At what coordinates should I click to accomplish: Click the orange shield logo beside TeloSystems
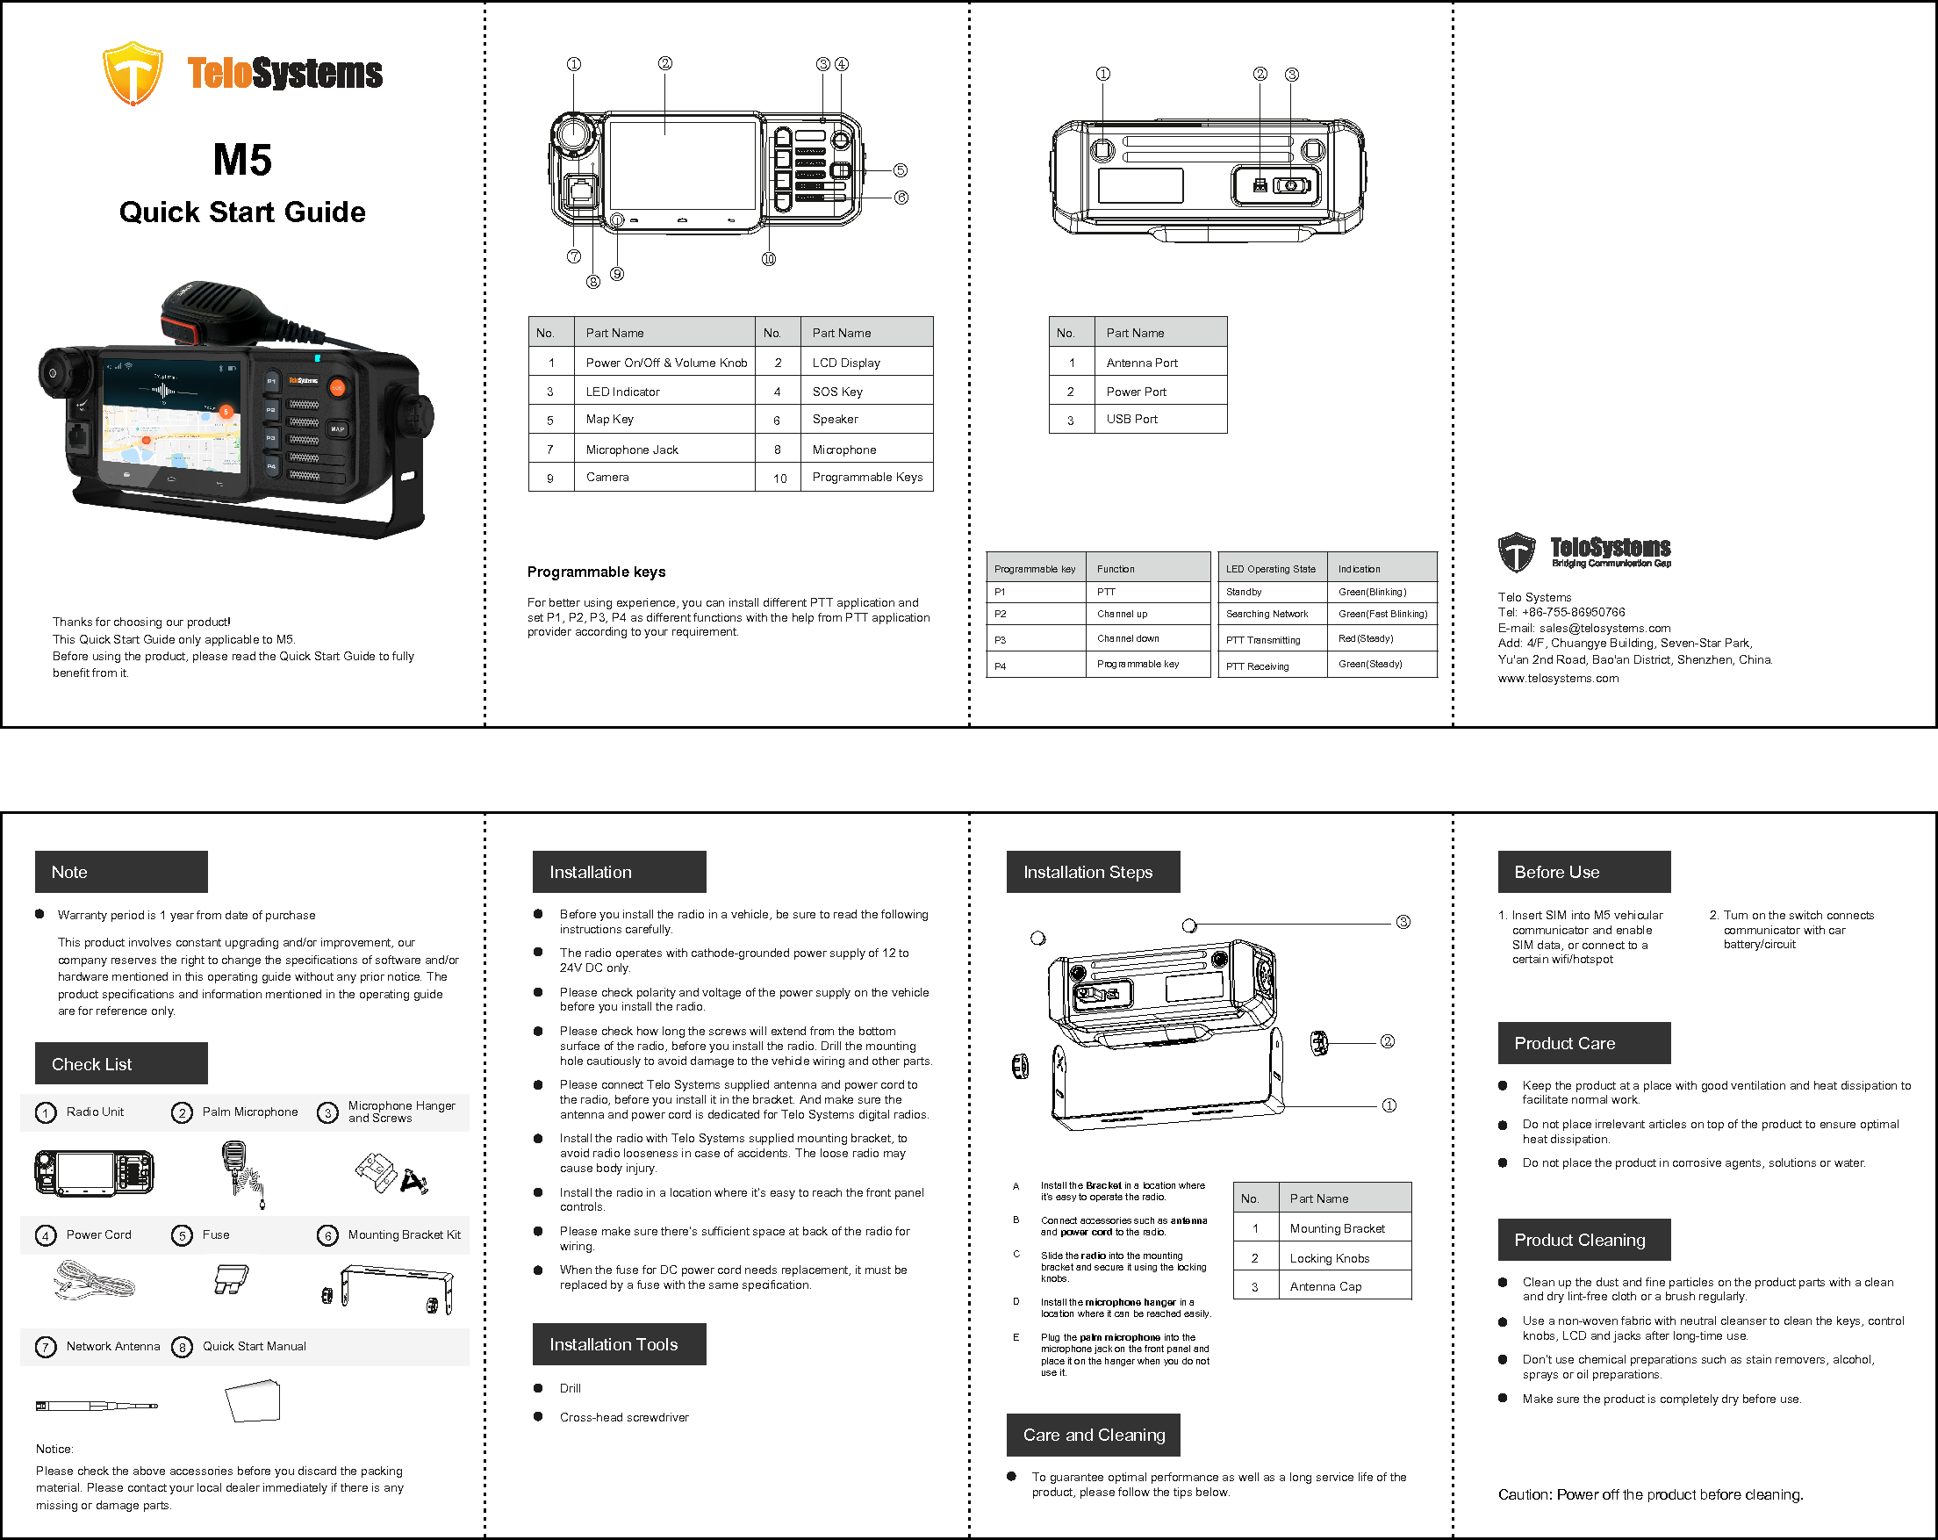(133, 73)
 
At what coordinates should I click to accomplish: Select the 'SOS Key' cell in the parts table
(836, 391)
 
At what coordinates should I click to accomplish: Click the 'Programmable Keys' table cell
(866, 477)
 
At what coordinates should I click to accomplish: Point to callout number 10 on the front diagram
(769, 259)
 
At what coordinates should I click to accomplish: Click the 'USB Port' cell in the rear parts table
(1131, 419)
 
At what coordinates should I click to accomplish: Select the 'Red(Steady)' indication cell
(1366, 638)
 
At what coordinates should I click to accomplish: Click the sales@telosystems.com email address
(1604, 628)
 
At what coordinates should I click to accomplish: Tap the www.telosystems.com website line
(1558, 678)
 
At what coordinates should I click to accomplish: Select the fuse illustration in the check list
(231, 1278)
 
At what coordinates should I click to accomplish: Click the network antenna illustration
(97, 1405)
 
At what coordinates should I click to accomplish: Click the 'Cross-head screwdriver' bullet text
(624, 1417)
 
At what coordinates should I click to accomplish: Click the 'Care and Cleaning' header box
(1093, 1435)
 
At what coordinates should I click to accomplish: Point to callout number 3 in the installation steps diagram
(1403, 923)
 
